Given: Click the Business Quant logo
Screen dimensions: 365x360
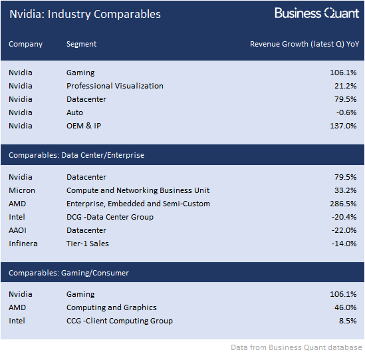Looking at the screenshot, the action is (x=317, y=13).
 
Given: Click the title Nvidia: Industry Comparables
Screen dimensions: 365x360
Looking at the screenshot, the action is (x=85, y=14).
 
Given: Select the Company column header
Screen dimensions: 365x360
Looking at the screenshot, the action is (x=26, y=44).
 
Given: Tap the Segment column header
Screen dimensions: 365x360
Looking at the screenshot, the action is (x=81, y=44).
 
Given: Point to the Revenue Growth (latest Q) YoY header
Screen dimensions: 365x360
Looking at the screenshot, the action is (x=304, y=44).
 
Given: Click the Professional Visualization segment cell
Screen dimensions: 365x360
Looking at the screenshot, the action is (x=115, y=86).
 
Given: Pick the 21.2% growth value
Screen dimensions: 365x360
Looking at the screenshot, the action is (x=346, y=86).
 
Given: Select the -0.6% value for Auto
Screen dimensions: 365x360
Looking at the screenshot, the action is (x=346, y=112).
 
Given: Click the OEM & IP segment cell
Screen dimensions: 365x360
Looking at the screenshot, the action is (x=84, y=126).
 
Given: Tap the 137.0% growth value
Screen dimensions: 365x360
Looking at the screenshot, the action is (x=343, y=126).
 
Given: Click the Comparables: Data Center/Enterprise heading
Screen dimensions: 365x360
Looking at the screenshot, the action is (x=76, y=155).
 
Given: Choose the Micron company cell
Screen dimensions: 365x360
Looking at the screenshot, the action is (x=22, y=190).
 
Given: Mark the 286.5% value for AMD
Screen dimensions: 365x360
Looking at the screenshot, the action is (x=343, y=204).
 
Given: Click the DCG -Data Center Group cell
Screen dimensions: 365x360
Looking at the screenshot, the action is (x=110, y=217).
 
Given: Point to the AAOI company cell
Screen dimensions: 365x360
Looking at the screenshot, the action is (x=17, y=230).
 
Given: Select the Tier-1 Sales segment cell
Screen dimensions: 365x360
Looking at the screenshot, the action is (x=88, y=244).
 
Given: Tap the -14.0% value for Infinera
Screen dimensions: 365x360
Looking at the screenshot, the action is (x=344, y=244).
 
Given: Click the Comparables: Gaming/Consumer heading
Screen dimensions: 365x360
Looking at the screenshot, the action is (x=68, y=273).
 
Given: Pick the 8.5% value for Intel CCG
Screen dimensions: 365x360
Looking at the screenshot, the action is (x=348, y=321).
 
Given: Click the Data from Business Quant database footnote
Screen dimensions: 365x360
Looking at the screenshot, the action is (x=297, y=347).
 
